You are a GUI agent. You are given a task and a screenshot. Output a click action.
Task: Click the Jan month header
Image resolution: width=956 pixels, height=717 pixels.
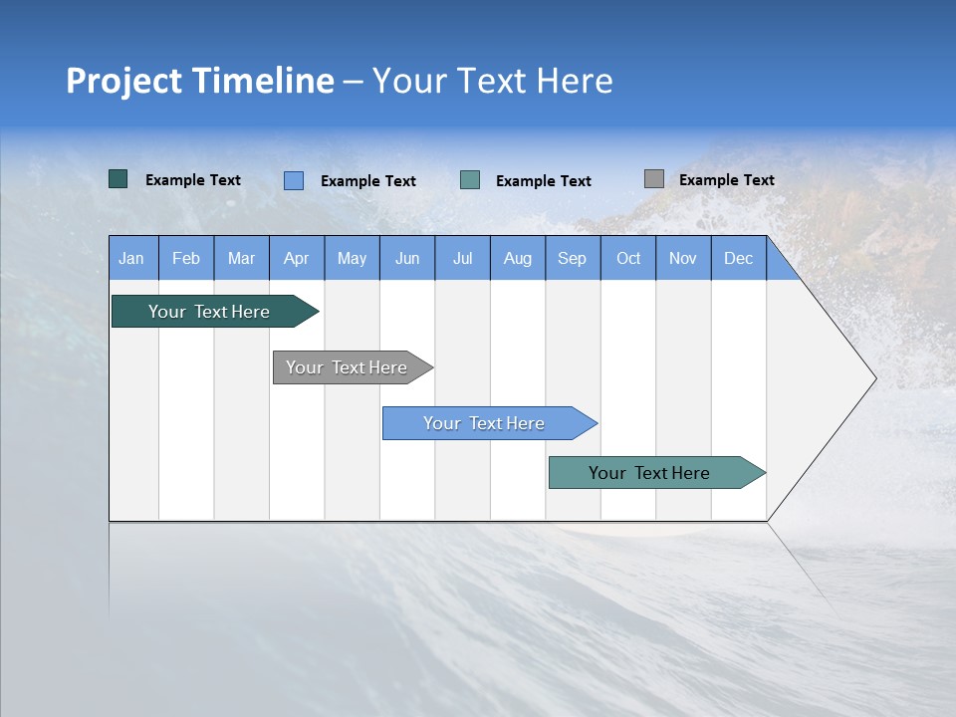click(131, 258)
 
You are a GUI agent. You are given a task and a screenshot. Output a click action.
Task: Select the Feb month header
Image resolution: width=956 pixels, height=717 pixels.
click(186, 258)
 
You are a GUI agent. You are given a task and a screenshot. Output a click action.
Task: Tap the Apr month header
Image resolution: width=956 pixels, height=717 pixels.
click(296, 258)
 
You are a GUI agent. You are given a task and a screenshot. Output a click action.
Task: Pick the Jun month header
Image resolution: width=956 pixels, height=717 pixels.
click(407, 258)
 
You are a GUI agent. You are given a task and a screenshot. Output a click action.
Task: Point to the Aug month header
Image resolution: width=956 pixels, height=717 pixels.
click(517, 258)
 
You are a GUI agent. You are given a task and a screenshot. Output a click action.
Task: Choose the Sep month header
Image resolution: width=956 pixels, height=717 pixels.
click(572, 258)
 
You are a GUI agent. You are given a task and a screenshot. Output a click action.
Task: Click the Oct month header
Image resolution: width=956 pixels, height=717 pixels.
click(628, 258)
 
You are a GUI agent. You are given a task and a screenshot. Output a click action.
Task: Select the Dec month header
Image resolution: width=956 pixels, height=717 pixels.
click(738, 258)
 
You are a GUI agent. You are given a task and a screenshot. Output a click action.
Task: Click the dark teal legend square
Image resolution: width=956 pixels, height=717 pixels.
click(118, 179)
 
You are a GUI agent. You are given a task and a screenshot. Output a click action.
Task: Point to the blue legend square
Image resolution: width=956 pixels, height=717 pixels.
click(294, 180)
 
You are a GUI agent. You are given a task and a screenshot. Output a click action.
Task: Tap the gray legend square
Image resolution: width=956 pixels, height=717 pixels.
click(654, 179)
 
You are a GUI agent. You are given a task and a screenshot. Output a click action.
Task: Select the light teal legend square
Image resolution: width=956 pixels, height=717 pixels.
click(470, 180)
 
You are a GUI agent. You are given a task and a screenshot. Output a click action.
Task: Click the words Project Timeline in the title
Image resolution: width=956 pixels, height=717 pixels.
click(199, 81)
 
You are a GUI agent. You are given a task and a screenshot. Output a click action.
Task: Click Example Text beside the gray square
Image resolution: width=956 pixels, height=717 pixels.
click(726, 180)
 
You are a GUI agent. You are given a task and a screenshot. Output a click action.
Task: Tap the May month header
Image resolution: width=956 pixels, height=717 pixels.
click(352, 258)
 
